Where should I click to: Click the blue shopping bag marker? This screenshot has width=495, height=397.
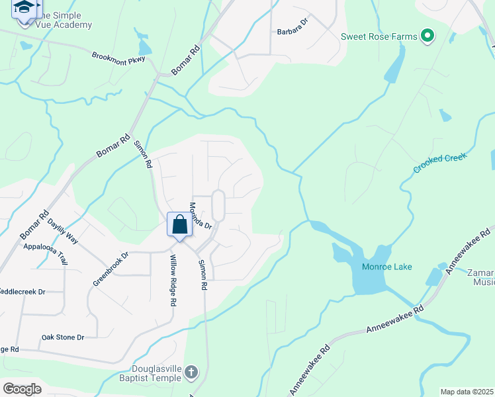click(179, 224)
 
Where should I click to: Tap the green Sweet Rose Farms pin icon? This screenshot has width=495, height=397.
click(427, 36)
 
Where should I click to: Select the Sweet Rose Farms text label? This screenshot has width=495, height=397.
click(379, 36)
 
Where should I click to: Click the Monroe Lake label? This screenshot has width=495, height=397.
click(387, 267)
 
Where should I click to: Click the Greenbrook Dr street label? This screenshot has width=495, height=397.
click(110, 268)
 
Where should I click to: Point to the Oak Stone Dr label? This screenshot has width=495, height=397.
click(63, 337)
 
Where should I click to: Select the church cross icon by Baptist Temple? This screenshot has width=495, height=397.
click(191, 372)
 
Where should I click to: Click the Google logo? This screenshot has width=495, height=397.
click(22, 388)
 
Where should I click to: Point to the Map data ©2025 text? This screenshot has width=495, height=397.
click(467, 392)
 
